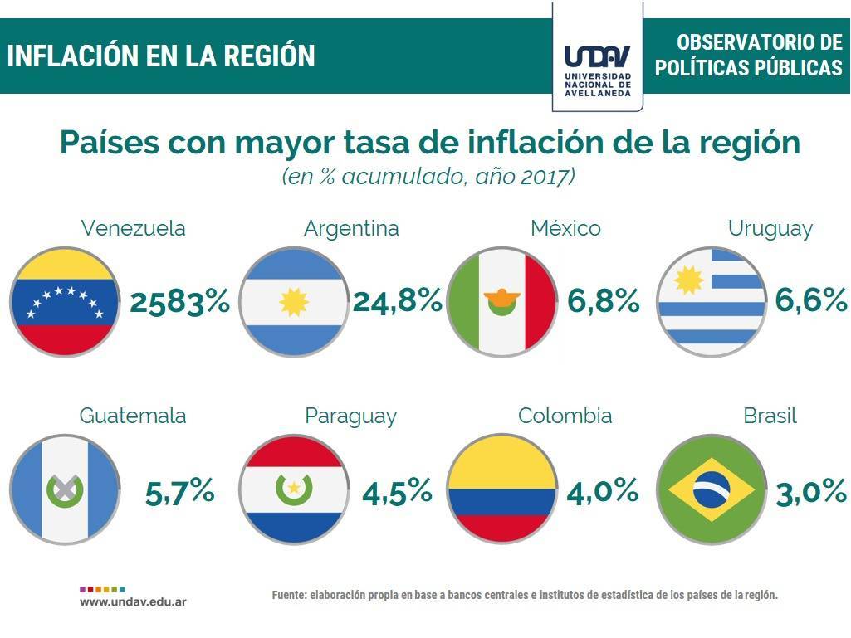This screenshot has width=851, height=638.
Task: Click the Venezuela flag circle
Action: click(x=63, y=301)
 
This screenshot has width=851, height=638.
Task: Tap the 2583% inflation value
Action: click(x=179, y=303)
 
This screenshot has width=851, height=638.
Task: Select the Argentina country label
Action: click(x=351, y=228)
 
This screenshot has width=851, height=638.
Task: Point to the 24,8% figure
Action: click(x=398, y=301)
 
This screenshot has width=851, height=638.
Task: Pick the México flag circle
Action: click(x=501, y=301)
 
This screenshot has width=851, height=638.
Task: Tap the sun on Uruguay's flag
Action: click(x=688, y=280)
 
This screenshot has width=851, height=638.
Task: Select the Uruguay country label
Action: click(x=770, y=228)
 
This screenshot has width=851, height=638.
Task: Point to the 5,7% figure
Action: click(x=180, y=492)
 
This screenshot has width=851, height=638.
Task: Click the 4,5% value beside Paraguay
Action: click(x=397, y=492)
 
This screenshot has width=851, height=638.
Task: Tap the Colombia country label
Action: click(x=565, y=416)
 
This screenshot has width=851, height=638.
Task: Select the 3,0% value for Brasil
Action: click(x=811, y=492)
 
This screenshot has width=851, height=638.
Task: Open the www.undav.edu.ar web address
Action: click(x=133, y=601)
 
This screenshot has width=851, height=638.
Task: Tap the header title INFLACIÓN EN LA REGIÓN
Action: click(x=161, y=56)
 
